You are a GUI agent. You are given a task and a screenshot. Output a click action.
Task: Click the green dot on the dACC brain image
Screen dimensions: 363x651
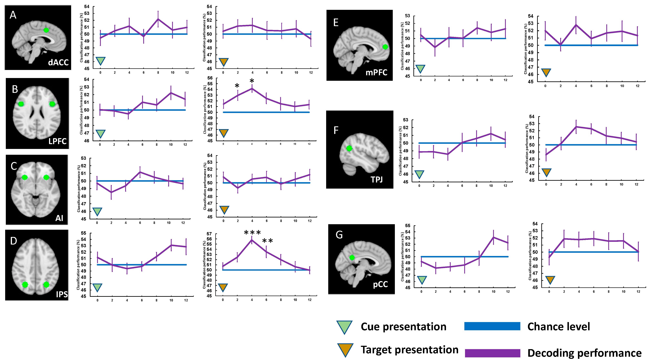(46, 30)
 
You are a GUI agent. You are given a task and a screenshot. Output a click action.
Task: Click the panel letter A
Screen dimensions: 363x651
(13, 15)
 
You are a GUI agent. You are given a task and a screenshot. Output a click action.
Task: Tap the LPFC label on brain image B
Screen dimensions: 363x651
(57, 141)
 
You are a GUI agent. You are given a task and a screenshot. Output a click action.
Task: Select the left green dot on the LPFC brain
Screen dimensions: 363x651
(21, 104)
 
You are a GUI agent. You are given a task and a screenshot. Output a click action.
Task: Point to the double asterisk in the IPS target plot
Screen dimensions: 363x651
(267, 241)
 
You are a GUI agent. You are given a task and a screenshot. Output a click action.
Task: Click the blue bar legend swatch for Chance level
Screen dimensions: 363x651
(492, 326)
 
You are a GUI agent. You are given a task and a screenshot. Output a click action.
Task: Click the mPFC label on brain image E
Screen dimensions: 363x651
(376, 73)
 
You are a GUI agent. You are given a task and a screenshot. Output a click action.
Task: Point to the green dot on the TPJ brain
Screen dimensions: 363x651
(349, 148)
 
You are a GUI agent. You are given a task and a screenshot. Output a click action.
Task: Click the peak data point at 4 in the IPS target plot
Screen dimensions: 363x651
(252, 240)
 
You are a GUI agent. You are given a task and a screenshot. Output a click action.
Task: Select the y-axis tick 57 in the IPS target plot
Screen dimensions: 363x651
(209, 234)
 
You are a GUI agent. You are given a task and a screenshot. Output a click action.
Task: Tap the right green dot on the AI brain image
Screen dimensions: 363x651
(46, 177)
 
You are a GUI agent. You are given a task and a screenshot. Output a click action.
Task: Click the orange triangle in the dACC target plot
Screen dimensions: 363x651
(223, 62)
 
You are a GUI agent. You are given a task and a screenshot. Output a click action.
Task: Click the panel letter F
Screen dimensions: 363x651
(336, 131)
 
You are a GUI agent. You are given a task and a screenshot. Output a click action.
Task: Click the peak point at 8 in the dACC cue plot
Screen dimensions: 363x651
(158, 19)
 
